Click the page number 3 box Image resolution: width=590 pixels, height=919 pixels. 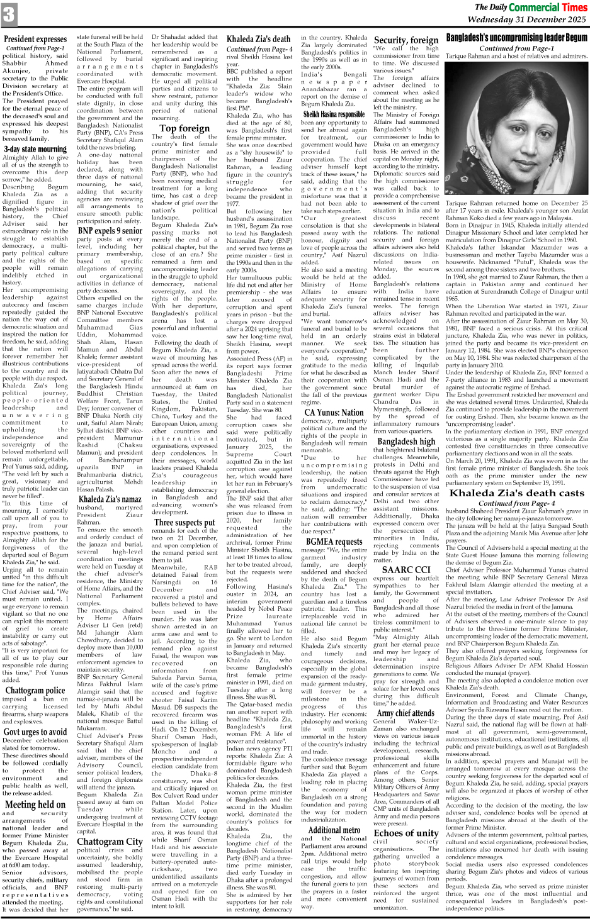pyautogui.click(x=9, y=14)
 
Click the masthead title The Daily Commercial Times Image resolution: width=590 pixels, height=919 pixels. pyautogui.click(x=530, y=8)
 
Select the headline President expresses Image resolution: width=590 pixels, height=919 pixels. pyautogui.click(x=35, y=39)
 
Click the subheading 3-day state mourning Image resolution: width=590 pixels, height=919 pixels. pyautogui.click(x=35, y=149)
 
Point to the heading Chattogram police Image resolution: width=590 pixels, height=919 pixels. pyautogui.click(x=35, y=690)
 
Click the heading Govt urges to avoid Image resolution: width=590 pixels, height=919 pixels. pyautogui.click(x=35, y=732)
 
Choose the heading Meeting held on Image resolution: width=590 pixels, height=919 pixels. pyautogui.click(x=35, y=804)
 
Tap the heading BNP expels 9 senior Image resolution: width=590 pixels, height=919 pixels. pyautogui.click(x=110, y=231)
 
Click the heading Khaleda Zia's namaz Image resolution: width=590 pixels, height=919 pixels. pyautogui.click(x=110, y=499)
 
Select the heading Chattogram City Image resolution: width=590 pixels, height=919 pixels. pyautogui.click(x=110, y=841)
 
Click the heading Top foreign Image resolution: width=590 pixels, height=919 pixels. pyautogui.click(x=184, y=128)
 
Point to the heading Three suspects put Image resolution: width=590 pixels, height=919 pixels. pyautogui.click(x=184, y=522)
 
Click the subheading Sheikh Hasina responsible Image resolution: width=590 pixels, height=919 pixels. pyautogui.click(x=334, y=114)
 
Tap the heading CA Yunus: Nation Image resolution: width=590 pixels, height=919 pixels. pyautogui.click(x=334, y=413)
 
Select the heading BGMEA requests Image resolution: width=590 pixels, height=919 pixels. pyautogui.click(x=334, y=541)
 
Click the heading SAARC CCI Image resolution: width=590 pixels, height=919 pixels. pyautogui.click(x=406, y=569)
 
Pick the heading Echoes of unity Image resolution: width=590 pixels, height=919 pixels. pyautogui.click(x=406, y=833)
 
